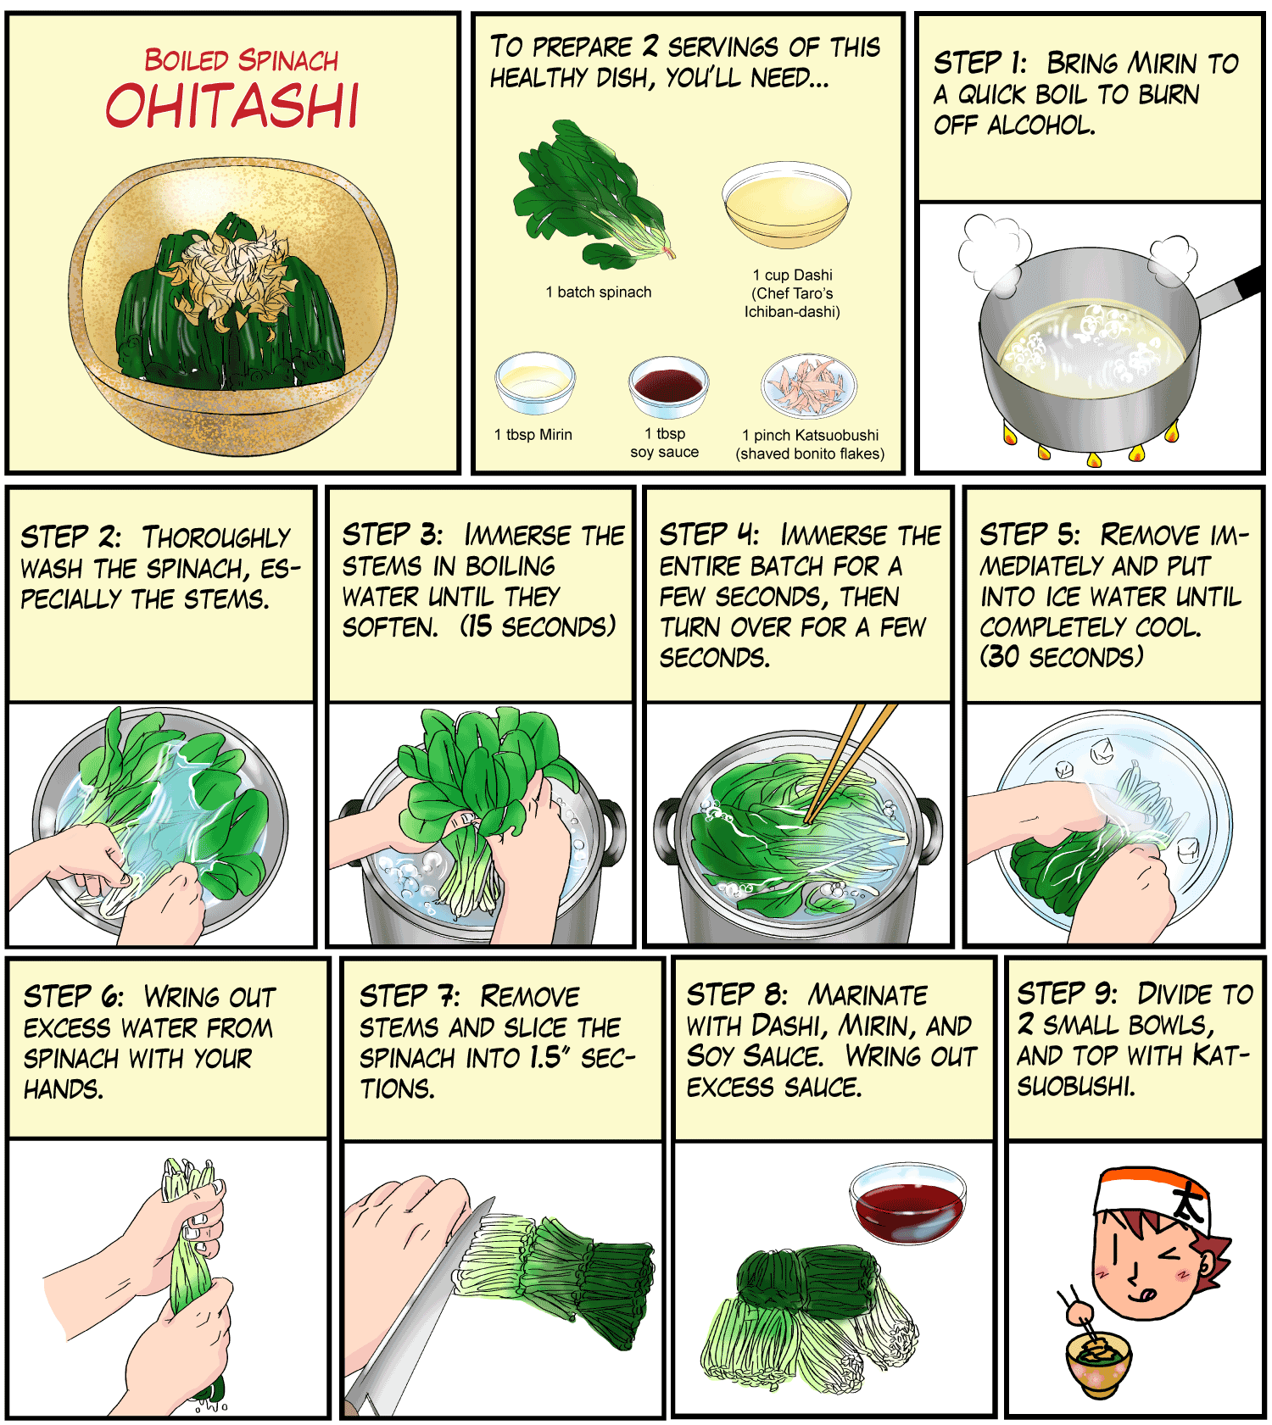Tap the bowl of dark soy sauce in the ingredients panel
coord(668,387)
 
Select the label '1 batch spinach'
coord(599,292)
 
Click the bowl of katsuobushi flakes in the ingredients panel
coord(809,387)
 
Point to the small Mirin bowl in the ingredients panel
coord(535,383)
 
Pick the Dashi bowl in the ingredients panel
coord(786,205)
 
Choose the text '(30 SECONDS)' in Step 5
coord(1062,656)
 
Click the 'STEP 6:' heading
coord(74,996)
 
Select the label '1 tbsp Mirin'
coord(533,435)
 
